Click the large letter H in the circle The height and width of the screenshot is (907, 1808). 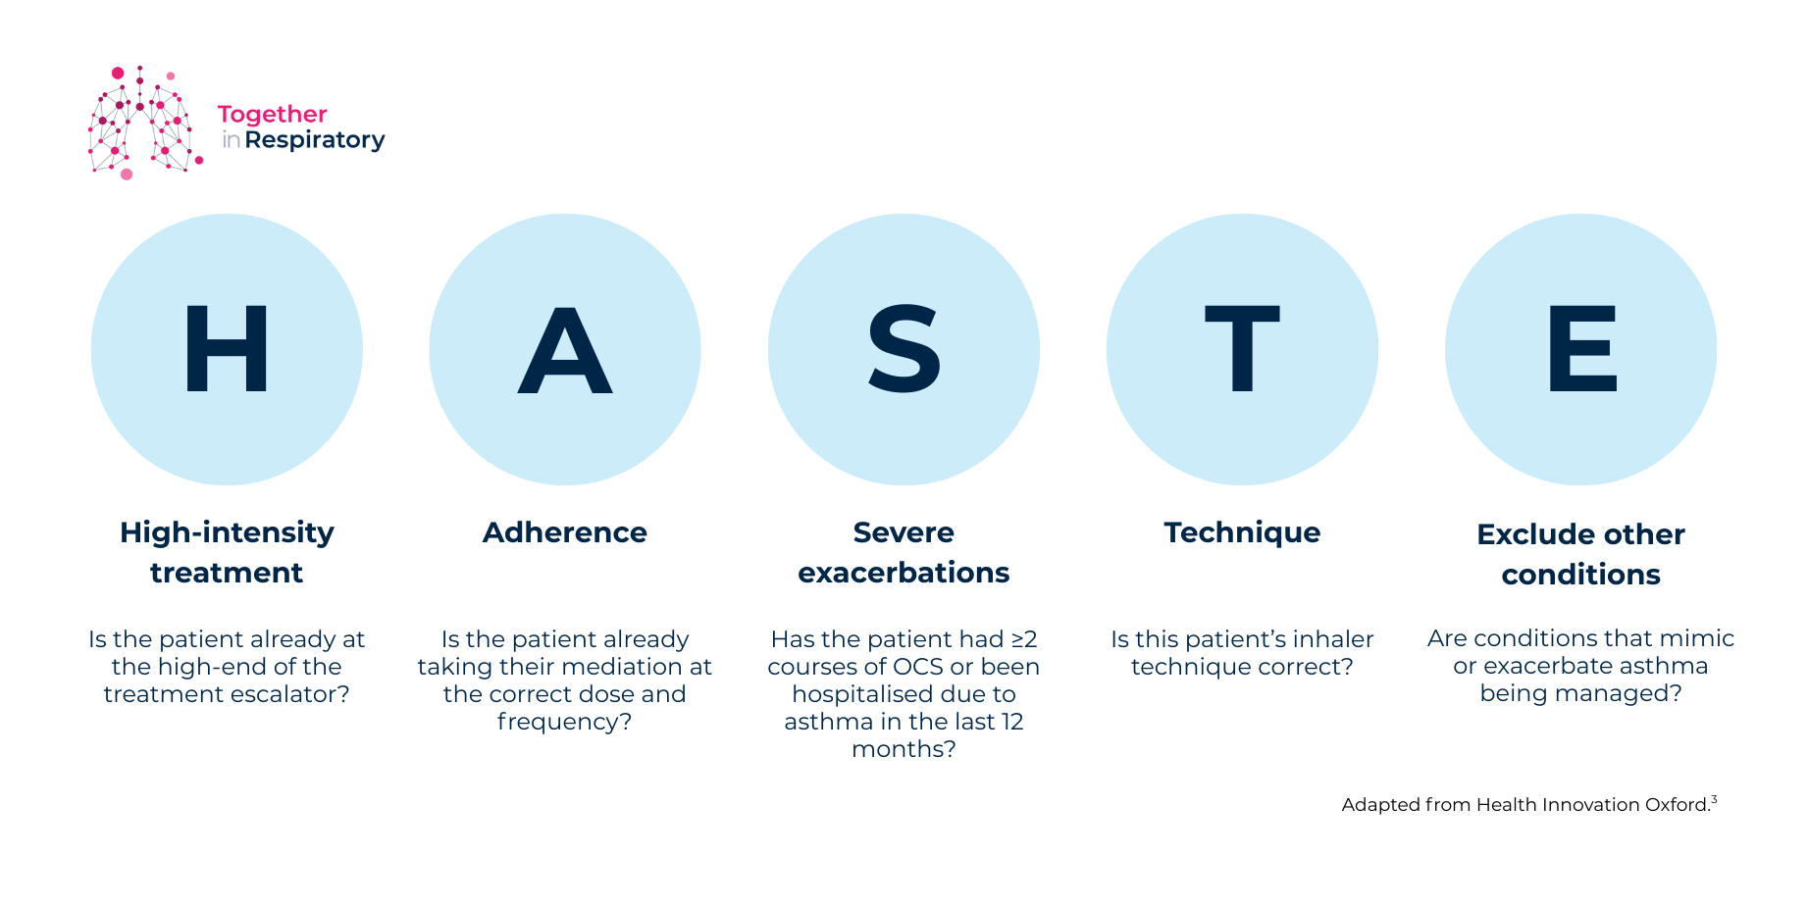tap(227, 348)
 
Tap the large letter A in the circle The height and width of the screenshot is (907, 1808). tap(565, 349)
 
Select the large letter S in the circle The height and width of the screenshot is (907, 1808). tap(904, 348)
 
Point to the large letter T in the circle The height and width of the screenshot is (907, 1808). tap(1242, 348)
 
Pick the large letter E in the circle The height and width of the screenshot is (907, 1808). tap(1581, 348)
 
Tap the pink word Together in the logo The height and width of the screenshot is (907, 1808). tap(272, 116)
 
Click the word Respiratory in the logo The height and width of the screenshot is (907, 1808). tap(315, 140)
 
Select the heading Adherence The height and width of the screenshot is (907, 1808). tap(565, 532)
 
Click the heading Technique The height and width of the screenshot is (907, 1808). tap(1242, 533)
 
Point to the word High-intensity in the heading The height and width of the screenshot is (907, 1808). tap(227, 533)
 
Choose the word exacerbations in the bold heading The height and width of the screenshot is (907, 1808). tap(904, 573)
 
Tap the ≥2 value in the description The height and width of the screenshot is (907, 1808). tap(1024, 639)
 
